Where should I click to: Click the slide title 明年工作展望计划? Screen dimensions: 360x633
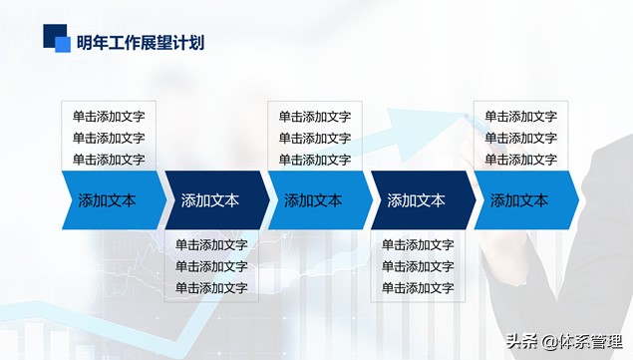[x=141, y=42]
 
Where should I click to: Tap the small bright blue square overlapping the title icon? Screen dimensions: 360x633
[x=63, y=44]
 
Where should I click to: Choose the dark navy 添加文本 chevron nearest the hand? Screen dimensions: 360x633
[x=418, y=199]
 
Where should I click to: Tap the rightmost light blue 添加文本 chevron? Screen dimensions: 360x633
[x=521, y=199]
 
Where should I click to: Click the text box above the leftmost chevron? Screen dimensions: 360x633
[x=109, y=137]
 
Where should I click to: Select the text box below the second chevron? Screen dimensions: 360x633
[x=211, y=265]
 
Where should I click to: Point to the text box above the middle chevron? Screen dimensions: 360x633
[x=315, y=137]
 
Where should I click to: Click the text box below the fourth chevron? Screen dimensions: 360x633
[x=418, y=265]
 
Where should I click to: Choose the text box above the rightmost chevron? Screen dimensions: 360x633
[x=521, y=137]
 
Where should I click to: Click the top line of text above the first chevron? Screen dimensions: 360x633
[x=109, y=117]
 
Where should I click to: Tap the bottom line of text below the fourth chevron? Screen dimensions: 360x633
[x=418, y=287]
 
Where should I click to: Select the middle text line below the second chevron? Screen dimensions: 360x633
[x=211, y=266]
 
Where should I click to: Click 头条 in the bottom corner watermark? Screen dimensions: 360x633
[x=521, y=340]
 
